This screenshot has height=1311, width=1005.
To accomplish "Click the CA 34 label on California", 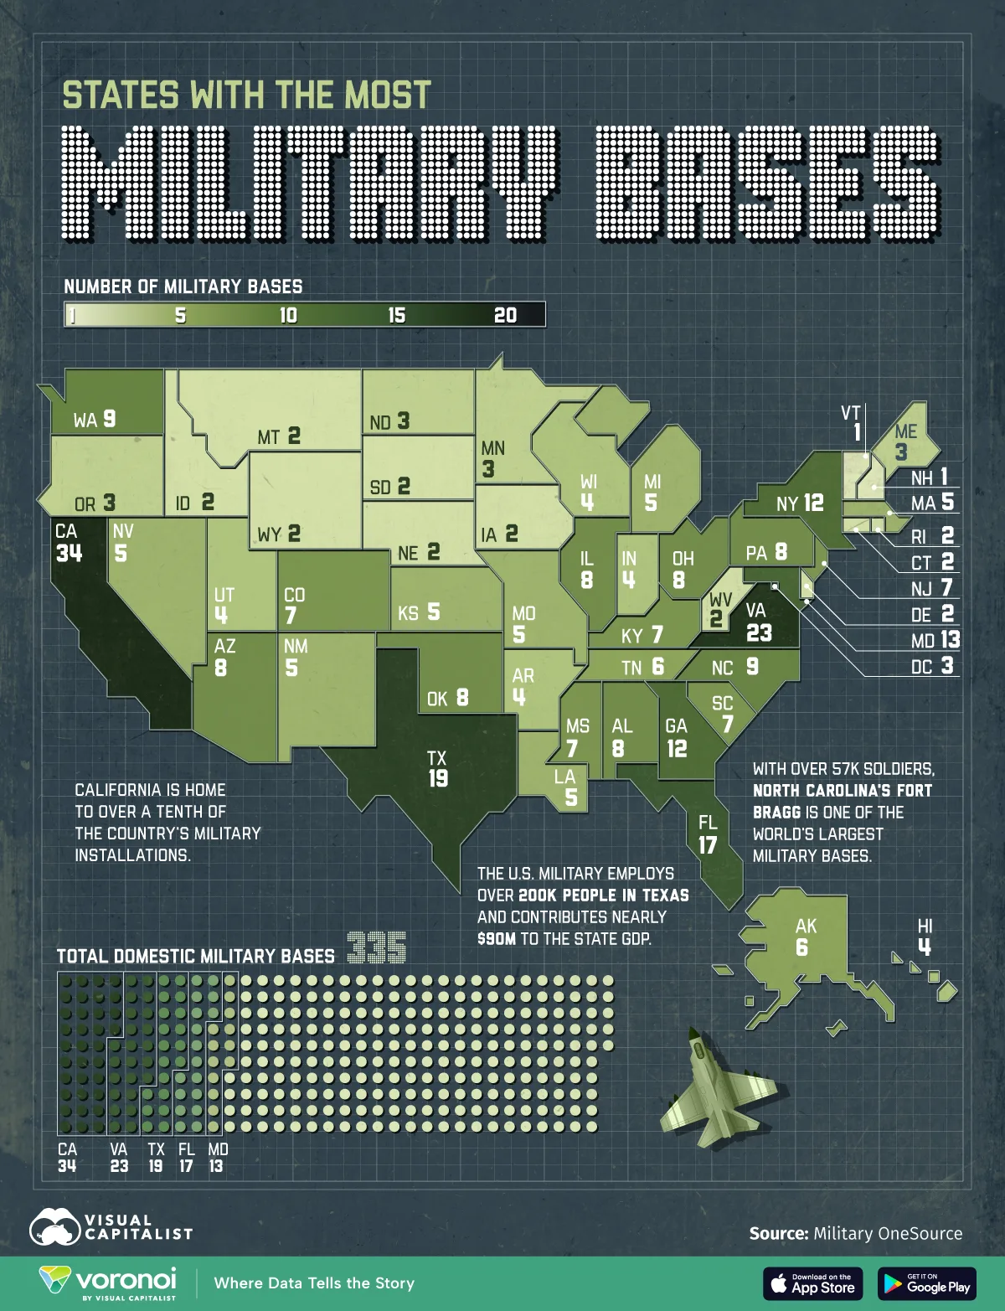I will click(x=69, y=542).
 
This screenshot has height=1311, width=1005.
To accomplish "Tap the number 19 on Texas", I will click(x=438, y=778).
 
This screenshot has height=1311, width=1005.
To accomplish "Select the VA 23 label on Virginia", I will click(x=758, y=622).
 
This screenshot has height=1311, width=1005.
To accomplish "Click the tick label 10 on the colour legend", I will click(x=288, y=315).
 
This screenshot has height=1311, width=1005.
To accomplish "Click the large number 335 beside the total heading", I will click(x=377, y=948).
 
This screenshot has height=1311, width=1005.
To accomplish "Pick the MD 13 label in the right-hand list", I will click(x=935, y=640).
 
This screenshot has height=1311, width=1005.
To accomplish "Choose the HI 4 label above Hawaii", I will click(x=925, y=937).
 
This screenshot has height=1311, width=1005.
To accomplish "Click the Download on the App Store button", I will click(x=812, y=1283).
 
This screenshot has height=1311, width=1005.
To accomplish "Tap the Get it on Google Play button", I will click(x=927, y=1283).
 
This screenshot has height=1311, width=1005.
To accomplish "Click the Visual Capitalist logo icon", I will click(x=54, y=1227).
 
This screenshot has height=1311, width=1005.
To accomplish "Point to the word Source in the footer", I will click(x=778, y=1233).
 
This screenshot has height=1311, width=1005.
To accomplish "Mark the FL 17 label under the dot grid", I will click(x=186, y=1157).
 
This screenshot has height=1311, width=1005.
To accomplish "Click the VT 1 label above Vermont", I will click(x=853, y=422).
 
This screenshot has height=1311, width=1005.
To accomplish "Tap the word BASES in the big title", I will click(x=769, y=183).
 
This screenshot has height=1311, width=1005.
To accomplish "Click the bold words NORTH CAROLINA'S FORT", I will click(x=842, y=790).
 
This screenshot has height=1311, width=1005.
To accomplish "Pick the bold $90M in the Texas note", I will click(x=496, y=939).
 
